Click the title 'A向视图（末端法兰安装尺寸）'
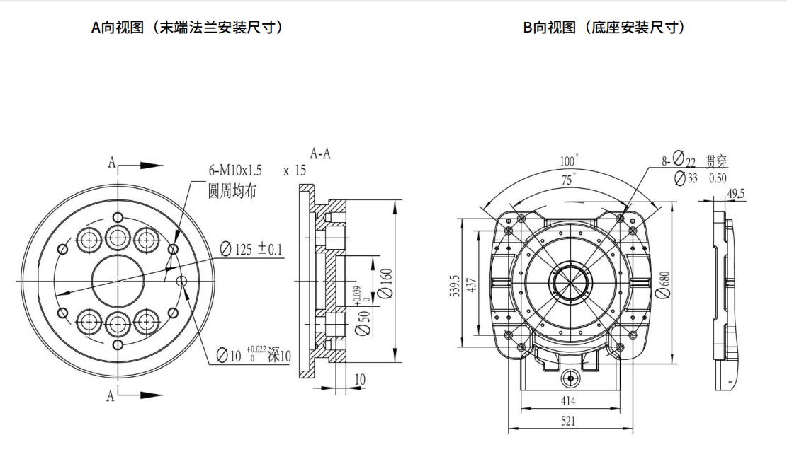[187, 28]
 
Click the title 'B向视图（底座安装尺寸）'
[604, 28]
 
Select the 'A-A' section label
[321, 153]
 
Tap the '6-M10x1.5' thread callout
[235, 170]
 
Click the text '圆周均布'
[232, 190]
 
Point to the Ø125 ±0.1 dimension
[251, 249]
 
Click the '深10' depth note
[279, 356]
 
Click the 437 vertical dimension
[471, 283]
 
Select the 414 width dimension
[568, 401]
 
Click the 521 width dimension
[568, 421]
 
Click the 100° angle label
[570, 161]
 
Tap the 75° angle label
[568, 180]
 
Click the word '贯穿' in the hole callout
[717, 161]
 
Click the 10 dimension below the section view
[360, 380]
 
